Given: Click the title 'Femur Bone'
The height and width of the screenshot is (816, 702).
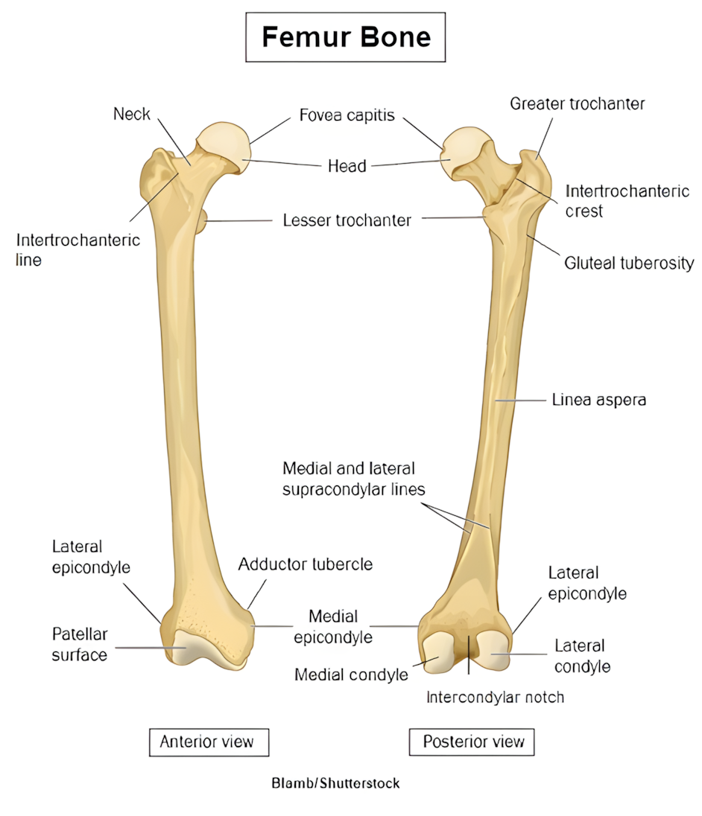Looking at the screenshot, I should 346,37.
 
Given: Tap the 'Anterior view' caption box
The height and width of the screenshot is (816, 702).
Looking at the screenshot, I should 208,742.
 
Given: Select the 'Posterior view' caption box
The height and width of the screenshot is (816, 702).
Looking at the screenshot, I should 472,742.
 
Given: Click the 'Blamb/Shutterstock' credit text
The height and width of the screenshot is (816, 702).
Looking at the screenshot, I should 335,783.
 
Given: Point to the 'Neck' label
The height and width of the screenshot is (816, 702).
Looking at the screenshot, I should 132,114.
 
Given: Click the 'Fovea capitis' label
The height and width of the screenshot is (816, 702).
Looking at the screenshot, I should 347,115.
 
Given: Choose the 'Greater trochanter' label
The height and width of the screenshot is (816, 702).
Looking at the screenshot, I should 577,104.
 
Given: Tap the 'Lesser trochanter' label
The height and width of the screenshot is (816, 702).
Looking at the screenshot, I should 347,220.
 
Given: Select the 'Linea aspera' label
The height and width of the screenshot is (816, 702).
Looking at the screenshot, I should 598,400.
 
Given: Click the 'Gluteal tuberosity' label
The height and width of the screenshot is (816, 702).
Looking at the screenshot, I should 629,263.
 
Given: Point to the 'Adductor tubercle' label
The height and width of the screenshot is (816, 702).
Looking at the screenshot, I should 306,564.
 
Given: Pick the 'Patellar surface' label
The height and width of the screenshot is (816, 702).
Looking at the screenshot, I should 80,644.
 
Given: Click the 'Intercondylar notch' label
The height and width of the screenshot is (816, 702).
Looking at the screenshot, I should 495,698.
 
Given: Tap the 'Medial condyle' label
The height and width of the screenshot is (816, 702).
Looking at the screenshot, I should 351,675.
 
